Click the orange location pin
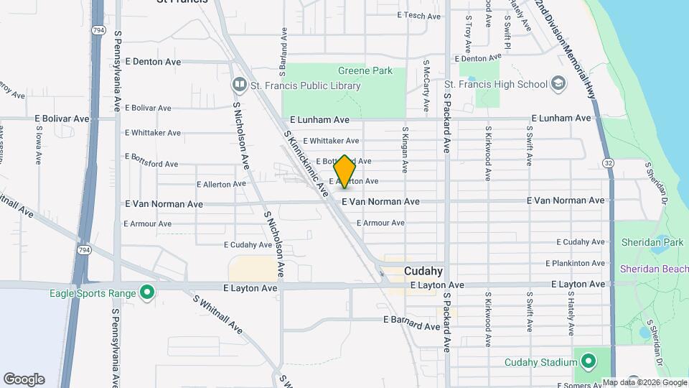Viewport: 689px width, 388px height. pyautogui.click(x=345, y=172)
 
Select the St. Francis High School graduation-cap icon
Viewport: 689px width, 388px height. pyautogui.click(x=558, y=84)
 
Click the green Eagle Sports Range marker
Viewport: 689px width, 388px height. pyautogui.click(x=147, y=292)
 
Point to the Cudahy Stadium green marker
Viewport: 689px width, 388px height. pyautogui.click(x=588, y=361)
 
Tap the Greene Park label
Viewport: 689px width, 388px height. pyautogui.click(x=365, y=70)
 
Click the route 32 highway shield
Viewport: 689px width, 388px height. pyautogui.click(x=608, y=163)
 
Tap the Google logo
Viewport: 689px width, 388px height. pyautogui.click(x=24, y=379)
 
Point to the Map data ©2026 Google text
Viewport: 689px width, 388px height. pyautogui.click(x=645, y=382)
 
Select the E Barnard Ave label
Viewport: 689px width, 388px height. pyautogui.click(x=411, y=320)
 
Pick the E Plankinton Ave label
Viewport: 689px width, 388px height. pyautogui.click(x=575, y=264)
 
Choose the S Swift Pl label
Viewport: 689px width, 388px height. pyautogui.click(x=507, y=32)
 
